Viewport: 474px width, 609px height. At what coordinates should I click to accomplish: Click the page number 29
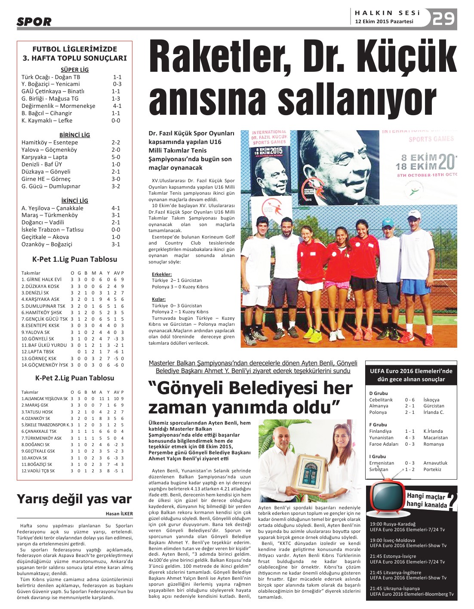(x=443, y=18)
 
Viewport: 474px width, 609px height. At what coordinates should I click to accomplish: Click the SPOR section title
(x=34, y=21)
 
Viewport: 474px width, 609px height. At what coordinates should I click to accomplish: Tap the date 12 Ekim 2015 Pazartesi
(x=384, y=21)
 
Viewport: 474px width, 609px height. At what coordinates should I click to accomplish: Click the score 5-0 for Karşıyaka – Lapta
(x=116, y=157)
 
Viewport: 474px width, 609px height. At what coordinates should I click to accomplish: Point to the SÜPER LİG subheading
(x=74, y=70)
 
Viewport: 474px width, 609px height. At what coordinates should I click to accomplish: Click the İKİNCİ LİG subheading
(x=74, y=201)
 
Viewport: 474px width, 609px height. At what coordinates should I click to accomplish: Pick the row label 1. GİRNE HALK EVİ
(x=41, y=279)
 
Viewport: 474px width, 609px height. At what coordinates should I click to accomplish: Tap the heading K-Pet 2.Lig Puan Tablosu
(x=74, y=378)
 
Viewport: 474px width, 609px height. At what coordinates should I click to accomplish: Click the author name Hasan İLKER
(x=119, y=514)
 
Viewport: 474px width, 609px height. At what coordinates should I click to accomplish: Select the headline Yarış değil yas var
(x=74, y=499)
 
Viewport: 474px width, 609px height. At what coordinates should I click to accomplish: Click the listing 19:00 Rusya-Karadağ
(x=393, y=524)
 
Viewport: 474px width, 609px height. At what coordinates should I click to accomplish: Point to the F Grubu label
(x=378, y=425)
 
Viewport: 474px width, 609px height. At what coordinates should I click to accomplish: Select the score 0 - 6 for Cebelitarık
(x=409, y=400)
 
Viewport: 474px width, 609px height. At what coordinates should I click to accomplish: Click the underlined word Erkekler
(x=162, y=274)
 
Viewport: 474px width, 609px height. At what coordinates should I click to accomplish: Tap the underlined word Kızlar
(x=159, y=299)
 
